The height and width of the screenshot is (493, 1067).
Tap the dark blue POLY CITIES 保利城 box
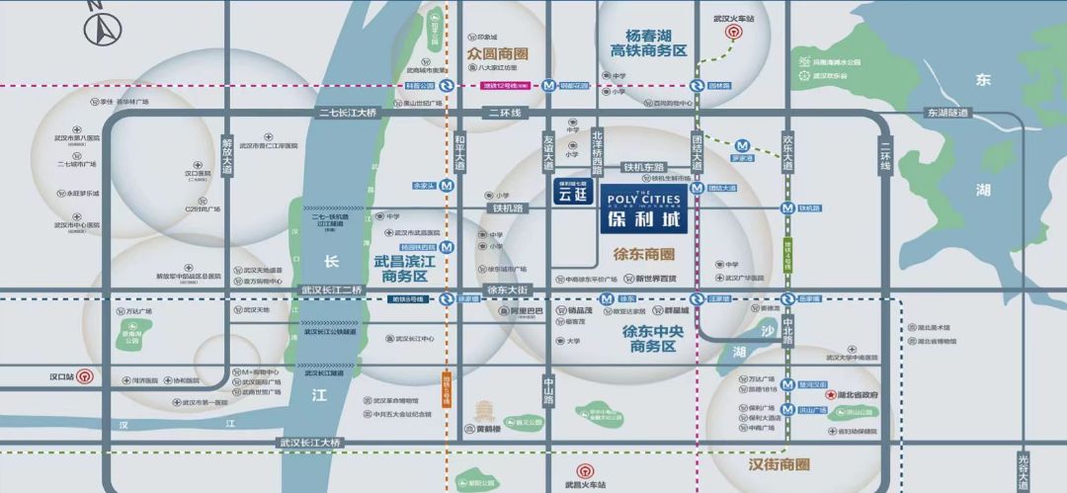(x=644, y=207)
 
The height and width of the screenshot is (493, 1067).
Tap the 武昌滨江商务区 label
(x=400, y=269)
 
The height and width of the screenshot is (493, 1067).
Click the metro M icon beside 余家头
(x=448, y=186)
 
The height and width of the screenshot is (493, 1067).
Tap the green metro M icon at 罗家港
(x=743, y=146)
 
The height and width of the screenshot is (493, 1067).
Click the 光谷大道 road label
(x=1026, y=470)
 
